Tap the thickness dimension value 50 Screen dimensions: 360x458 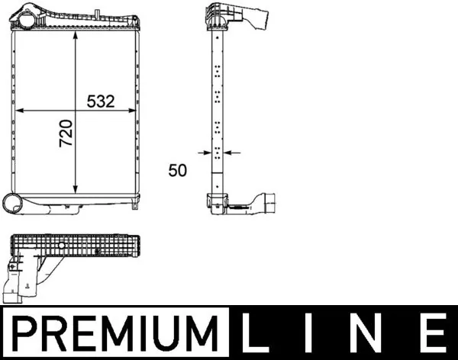[x=177, y=171]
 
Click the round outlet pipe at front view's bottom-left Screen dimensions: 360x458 [x=14, y=202]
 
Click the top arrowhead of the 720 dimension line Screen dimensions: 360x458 [x=75, y=36]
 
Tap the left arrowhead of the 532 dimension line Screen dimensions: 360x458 [x=18, y=111]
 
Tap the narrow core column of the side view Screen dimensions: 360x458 [x=218, y=114]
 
